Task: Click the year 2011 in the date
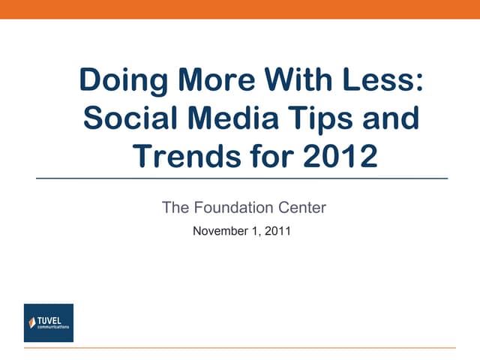(x=276, y=231)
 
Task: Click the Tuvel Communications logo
(x=49, y=322)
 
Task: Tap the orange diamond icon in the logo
(x=32, y=323)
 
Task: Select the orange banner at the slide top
(x=240, y=9)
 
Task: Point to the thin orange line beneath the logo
(x=240, y=348)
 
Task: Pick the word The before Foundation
(x=175, y=208)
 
